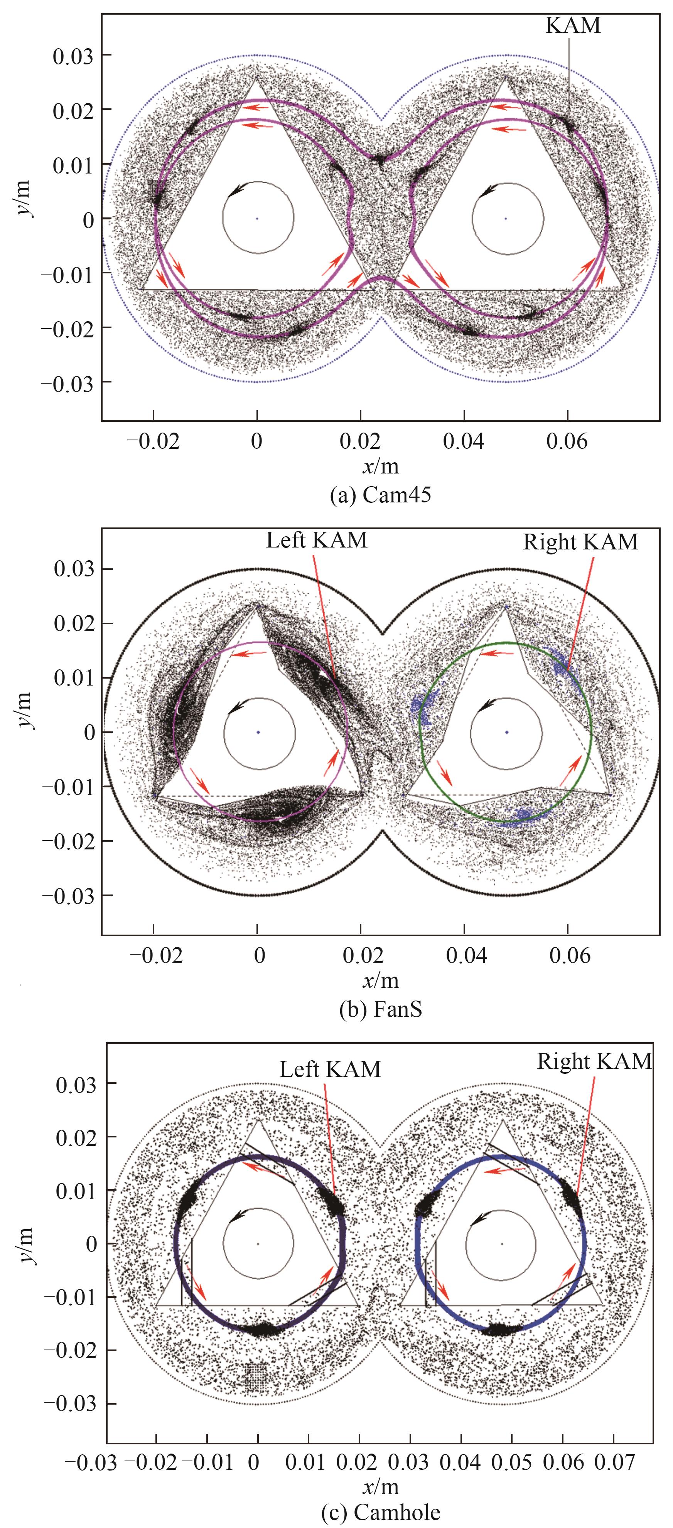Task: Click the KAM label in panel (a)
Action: coord(573,25)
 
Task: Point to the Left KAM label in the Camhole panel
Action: coord(330,1068)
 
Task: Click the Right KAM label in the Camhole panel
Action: coord(594,1061)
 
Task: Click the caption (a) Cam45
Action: coord(380,495)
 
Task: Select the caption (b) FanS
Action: coord(380,1008)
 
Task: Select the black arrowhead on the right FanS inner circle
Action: coord(486,705)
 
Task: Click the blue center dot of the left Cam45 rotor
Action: coord(257,218)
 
